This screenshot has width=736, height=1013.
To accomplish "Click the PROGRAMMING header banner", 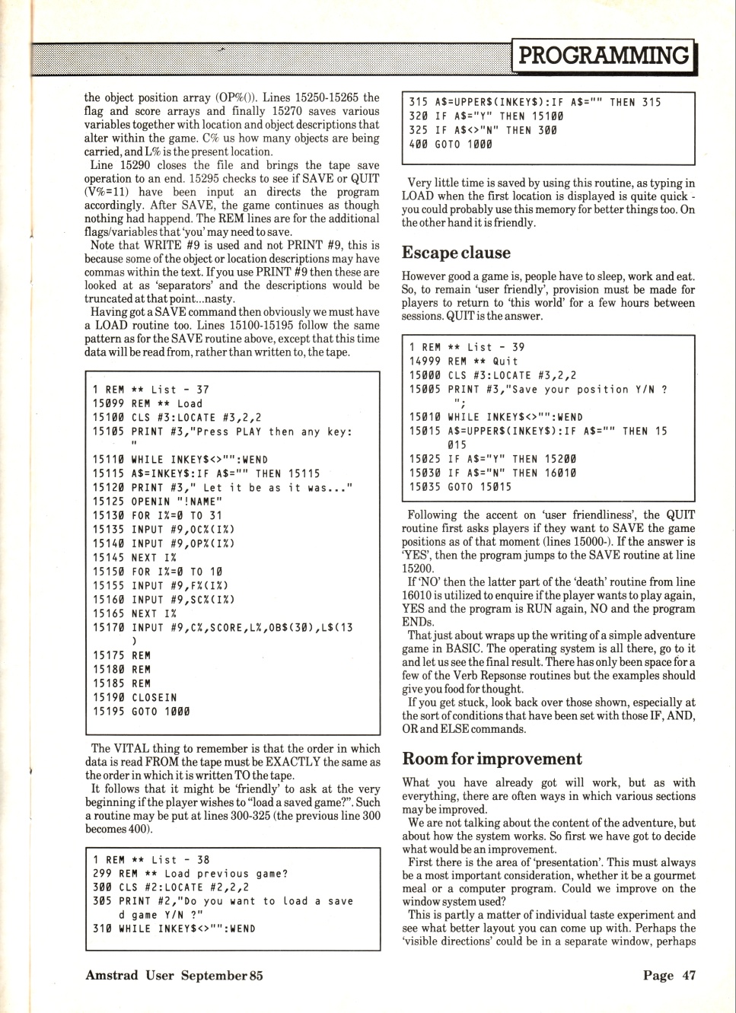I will point(604,56).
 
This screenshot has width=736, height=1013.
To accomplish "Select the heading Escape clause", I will point(456,253).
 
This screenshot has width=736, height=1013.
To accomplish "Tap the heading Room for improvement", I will point(492,759).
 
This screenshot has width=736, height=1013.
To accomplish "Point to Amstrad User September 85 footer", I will point(174,975).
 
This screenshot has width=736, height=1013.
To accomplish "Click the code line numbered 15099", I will point(148,404).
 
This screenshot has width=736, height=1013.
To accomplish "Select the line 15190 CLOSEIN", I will point(135,697).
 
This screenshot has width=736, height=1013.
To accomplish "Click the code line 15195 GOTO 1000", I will point(142,712).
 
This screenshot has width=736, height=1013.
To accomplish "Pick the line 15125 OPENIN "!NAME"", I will point(158,502).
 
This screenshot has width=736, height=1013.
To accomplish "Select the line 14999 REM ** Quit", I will point(464,362).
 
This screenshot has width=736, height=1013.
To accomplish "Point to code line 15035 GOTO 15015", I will point(460,487).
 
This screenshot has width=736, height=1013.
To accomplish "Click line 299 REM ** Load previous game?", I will point(190,874).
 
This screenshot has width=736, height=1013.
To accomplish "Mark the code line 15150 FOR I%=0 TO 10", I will point(158,572).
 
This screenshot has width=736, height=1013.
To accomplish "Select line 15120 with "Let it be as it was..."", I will point(223,488).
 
